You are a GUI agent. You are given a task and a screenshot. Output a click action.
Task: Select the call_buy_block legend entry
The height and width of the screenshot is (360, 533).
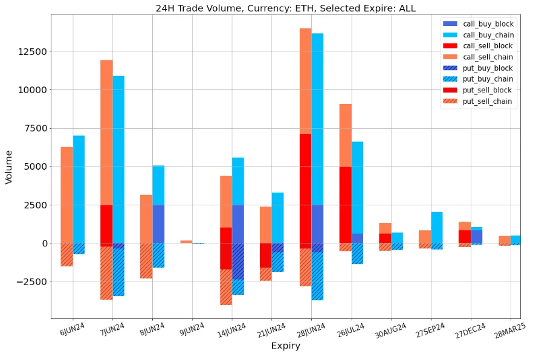click(x=488, y=24)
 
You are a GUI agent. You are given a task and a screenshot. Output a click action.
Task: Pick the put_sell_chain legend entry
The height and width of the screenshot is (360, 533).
click(x=488, y=101)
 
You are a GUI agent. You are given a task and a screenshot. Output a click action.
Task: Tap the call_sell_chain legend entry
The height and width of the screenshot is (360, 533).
click(x=488, y=57)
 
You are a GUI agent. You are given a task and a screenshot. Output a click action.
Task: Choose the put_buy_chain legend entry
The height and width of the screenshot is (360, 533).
click(x=488, y=79)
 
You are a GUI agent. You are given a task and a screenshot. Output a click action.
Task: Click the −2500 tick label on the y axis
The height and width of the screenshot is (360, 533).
click(x=30, y=281)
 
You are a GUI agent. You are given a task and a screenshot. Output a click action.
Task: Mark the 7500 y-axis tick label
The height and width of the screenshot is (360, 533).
click(x=34, y=128)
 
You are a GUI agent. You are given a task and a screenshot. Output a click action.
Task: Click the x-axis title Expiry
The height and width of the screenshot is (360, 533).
click(x=285, y=346)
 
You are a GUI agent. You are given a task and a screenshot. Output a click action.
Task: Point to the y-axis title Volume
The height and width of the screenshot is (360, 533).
click(x=8, y=166)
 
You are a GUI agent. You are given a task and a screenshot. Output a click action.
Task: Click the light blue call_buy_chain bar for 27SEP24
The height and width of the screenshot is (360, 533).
click(x=437, y=227)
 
